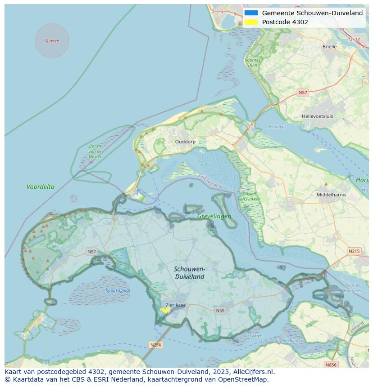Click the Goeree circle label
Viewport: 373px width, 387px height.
coord(52,41)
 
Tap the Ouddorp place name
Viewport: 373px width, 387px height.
coord(185,142)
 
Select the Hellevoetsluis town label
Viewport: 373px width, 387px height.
coord(318,116)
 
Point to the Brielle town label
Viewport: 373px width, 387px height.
coord(329,46)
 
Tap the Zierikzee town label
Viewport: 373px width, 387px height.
coord(175,305)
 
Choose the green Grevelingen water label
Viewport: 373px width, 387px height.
coord(214,216)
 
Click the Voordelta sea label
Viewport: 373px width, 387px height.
coord(41,187)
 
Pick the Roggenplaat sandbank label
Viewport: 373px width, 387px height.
coord(118,290)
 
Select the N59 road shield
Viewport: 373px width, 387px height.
coord(220,310)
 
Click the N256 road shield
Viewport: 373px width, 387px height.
coord(155,345)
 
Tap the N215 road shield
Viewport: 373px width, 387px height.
coord(354,251)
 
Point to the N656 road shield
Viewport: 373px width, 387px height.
coord(331,365)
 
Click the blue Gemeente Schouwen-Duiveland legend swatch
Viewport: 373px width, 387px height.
coord(251,13)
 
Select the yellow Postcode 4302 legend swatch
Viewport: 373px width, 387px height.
coord(251,22)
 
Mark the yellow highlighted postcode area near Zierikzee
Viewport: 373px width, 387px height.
coord(165,310)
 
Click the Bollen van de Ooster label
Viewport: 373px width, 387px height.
coord(95,151)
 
